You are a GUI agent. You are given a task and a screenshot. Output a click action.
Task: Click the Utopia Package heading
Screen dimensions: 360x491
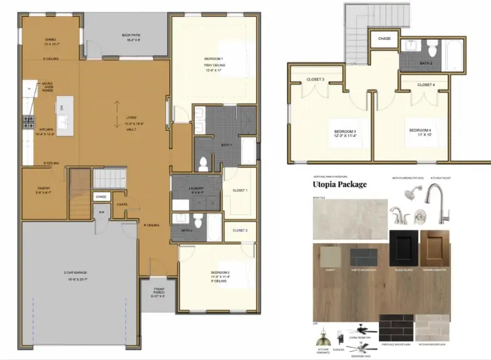click(x=339, y=184)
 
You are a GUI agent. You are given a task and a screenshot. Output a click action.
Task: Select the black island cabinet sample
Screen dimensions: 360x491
click(x=403, y=247)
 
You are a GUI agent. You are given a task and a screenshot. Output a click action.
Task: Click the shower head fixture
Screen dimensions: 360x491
click(x=410, y=194)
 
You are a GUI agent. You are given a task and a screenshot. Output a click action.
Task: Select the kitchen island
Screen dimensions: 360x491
click(x=63, y=108)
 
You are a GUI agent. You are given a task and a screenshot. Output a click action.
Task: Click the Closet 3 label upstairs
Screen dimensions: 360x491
click(x=315, y=80)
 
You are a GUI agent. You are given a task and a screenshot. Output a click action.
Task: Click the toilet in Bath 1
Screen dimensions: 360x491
click(x=203, y=163)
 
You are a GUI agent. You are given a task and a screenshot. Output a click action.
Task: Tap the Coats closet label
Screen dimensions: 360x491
click(x=121, y=203)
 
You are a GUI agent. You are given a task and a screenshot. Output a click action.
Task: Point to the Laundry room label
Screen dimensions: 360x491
click(x=196, y=190)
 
